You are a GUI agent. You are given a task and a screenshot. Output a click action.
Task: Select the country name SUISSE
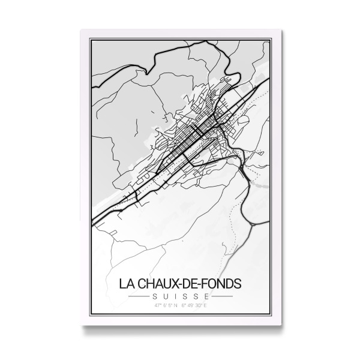pyautogui.click(x=181, y=296)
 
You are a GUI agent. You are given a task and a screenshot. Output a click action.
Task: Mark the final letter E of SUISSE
pyautogui.click(x=205, y=296)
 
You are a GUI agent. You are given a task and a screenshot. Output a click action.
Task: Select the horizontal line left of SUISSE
pyautogui.click(x=140, y=296)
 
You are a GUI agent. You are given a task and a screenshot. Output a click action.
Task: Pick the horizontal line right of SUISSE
pyautogui.click(x=221, y=296)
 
